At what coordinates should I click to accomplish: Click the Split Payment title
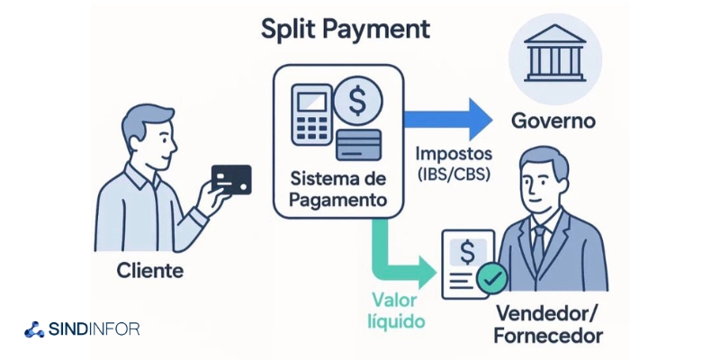point(345,29)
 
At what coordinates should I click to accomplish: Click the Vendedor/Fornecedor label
point(549,325)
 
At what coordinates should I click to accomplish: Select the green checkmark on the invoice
point(490,281)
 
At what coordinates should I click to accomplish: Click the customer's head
point(144,132)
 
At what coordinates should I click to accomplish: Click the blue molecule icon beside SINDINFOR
point(35,329)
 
